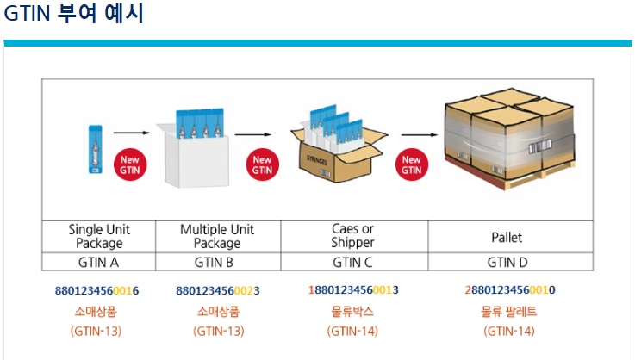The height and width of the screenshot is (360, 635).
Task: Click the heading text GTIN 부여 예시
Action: pyautogui.click(x=74, y=15)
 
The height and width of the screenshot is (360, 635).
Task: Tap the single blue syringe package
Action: pyautogui.click(x=95, y=150)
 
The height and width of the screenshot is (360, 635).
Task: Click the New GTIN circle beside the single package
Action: pyautogui.click(x=129, y=164)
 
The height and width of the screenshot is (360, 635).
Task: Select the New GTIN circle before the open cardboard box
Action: pyautogui.click(x=262, y=164)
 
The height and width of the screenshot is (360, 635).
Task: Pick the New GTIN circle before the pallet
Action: pyautogui.click(x=412, y=164)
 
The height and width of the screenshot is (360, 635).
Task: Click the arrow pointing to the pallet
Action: pyautogui.click(x=418, y=133)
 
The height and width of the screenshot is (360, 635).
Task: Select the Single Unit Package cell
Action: pyautogui.click(x=99, y=237)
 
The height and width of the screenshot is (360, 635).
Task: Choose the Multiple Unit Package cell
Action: pyautogui.click(x=217, y=237)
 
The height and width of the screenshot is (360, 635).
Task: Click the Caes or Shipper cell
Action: pyautogui.click(x=353, y=237)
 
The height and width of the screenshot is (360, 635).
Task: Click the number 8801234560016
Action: pyautogui.click(x=96, y=290)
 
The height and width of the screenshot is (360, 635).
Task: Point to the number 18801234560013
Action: pyautogui.click(x=353, y=290)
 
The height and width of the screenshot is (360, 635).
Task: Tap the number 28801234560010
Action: pyautogui.click(x=509, y=290)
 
